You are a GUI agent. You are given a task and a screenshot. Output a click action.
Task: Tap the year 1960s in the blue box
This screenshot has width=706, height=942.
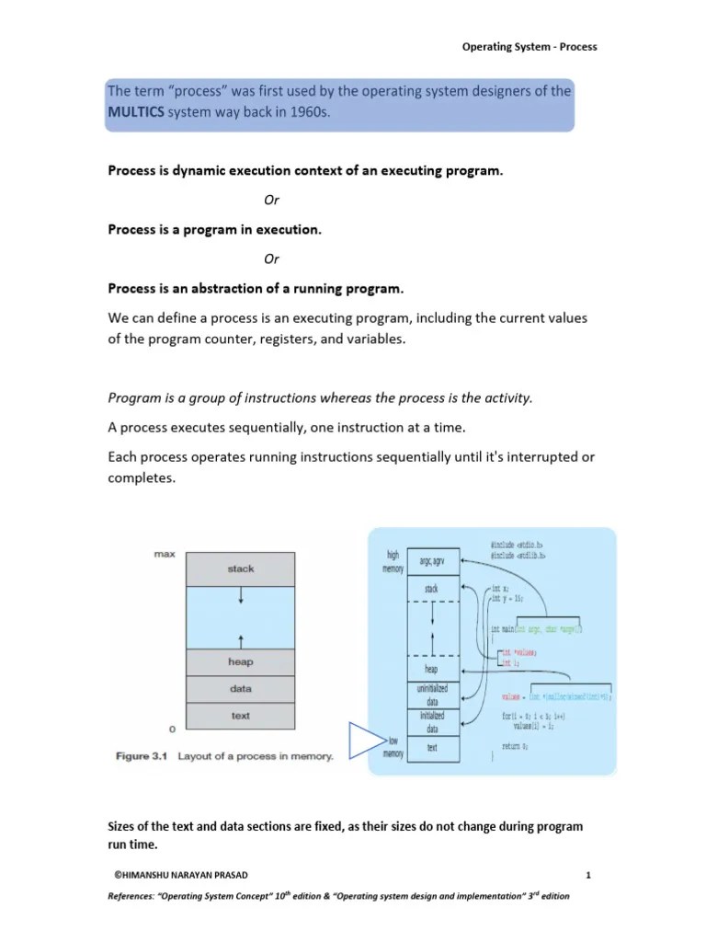pos(305,112)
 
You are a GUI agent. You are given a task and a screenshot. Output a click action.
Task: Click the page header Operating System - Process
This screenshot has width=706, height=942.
pos(529,47)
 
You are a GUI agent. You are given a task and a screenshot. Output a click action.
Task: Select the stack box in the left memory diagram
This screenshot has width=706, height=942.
pos(240,569)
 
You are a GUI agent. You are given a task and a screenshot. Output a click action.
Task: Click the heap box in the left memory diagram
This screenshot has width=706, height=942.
pos(240,661)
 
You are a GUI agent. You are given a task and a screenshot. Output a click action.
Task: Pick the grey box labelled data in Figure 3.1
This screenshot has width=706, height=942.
pos(240,688)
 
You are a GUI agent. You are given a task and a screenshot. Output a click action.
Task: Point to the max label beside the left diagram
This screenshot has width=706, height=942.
pos(165,555)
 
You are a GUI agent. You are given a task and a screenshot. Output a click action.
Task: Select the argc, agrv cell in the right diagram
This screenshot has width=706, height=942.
pos(431,561)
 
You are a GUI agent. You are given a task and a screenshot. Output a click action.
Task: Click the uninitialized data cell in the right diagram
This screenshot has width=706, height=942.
pos(431,695)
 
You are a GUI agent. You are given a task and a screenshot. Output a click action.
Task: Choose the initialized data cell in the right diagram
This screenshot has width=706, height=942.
pos(431,721)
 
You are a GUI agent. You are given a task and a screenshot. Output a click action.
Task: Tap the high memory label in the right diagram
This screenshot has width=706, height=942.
pos(392,562)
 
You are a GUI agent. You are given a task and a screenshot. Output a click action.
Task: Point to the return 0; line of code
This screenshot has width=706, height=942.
pos(516,748)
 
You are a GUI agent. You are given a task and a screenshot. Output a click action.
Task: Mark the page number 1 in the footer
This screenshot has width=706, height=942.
pos(586,873)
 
